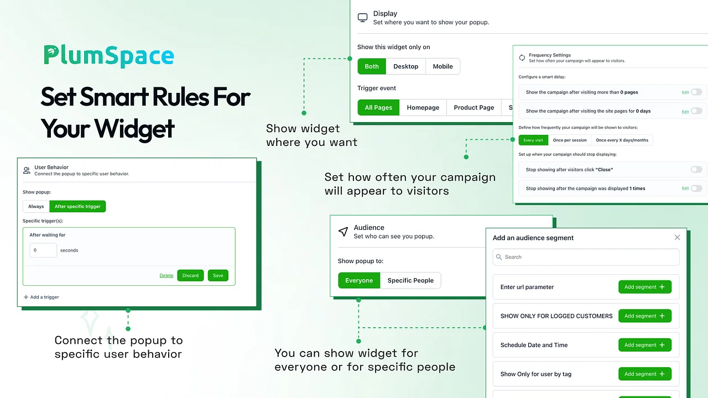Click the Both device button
click(x=372, y=66)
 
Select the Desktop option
click(x=405, y=66)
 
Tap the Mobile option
click(x=442, y=66)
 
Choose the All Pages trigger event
click(x=378, y=107)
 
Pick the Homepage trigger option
click(x=423, y=107)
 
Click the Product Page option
click(x=474, y=107)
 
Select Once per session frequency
click(x=570, y=140)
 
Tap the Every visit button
click(x=533, y=140)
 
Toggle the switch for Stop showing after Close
click(x=696, y=170)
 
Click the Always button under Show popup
click(x=36, y=206)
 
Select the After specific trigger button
click(x=77, y=206)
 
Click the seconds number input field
click(x=43, y=250)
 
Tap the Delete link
click(x=166, y=275)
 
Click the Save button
click(x=218, y=275)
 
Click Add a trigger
click(x=41, y=297)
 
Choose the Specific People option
click(x=410, y=280)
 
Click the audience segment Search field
click(x=586, y=257)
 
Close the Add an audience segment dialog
click(x=677, y=238)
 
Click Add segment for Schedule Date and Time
click(x=645, y=345)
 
